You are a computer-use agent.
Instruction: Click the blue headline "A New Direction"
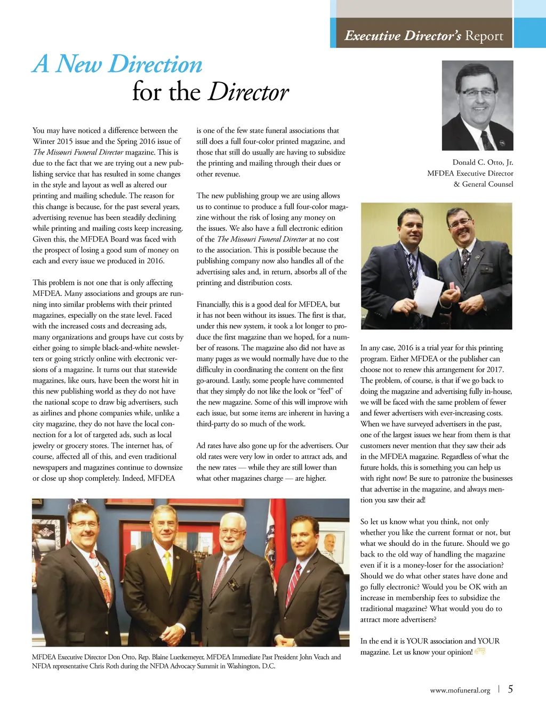coord(117,64)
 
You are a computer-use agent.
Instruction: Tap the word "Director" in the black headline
coord(248,92)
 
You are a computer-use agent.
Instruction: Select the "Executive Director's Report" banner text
coord(423,36)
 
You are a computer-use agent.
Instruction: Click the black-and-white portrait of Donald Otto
coord(477,105)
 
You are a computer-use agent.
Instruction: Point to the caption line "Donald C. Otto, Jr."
coord(483,162)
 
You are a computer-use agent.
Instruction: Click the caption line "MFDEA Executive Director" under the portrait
coord(470,173)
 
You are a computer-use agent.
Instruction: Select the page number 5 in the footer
coord(510,689)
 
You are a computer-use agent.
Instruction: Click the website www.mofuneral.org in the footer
coord(460,690)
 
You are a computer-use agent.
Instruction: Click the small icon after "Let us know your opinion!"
coord(480,651)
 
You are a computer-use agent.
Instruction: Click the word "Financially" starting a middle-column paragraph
coord(213,304)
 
